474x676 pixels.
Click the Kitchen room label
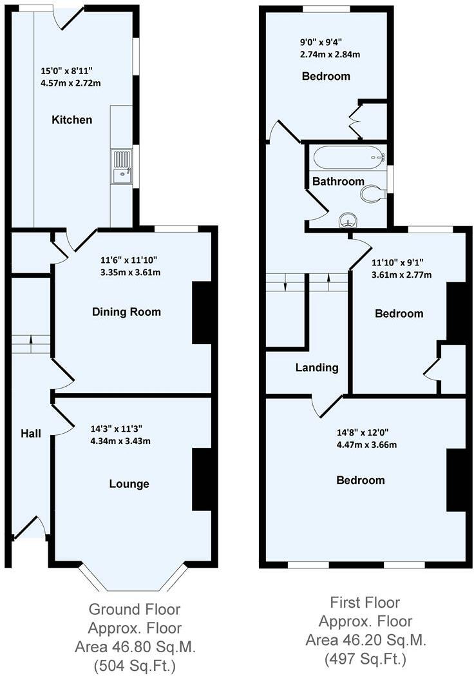(x=72, y=120)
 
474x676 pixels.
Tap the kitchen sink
(x=120, y=167)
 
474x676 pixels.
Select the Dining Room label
(x=126, y=312)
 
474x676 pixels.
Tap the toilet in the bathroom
(x=373, y=194)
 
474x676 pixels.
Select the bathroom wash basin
(x=348, y=222)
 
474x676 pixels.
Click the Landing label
(x=317, y=368)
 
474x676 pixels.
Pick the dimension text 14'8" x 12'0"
(x=363, y=434)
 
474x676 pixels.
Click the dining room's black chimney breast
(x=201, y=313)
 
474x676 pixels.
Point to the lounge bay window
(x=133, y=581)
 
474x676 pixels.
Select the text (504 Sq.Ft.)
(x=134, y=664)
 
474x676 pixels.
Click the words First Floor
(x=365, y=603)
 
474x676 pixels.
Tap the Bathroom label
(x=338, y=182)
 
